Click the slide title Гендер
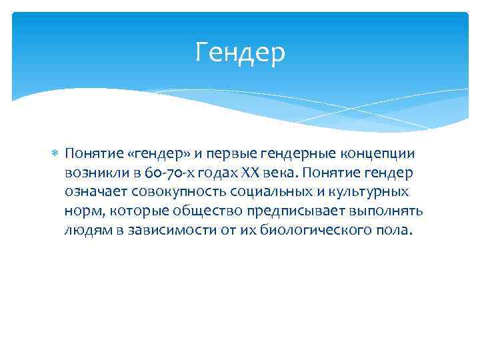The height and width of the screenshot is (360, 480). (240, 53)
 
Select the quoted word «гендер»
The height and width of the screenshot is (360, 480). (145, 154)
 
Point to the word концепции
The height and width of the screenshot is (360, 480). (370, 154)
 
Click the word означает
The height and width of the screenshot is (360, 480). (97, 193)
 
